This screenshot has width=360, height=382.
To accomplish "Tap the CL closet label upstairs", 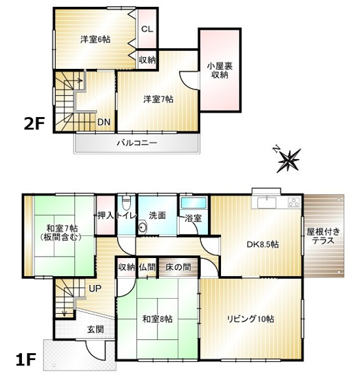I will pyautogui.click(x=146, y=30).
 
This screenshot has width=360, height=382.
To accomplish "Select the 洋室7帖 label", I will pyautogui.click(x=159, y=99).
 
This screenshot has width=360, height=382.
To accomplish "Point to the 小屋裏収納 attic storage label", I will pyautogui.click(x=220, y=70).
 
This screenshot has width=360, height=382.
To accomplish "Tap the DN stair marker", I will pyautogui.click(x=104, y=123).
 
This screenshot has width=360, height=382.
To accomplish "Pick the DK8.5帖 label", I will pyautogui.click(x=262, y=243).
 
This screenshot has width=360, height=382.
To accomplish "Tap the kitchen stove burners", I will pyautogui.click(x=293, y=202).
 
